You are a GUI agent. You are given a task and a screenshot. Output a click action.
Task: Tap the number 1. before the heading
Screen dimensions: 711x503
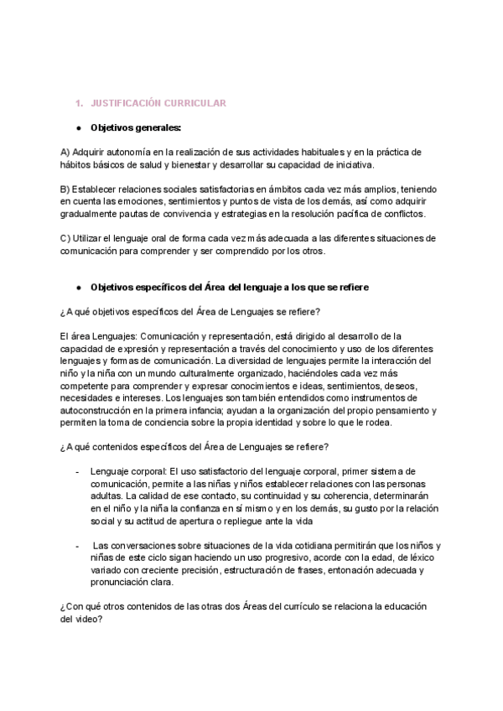[102, 102]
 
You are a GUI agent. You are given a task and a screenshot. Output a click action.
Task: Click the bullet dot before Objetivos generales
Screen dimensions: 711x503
[78, 127]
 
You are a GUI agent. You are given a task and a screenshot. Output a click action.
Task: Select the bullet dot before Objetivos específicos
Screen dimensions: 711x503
[78, 287]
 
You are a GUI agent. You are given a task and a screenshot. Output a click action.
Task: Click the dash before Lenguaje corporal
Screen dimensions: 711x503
[78, 471]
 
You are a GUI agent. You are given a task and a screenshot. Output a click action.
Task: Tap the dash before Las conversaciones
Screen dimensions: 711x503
[78, 545]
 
